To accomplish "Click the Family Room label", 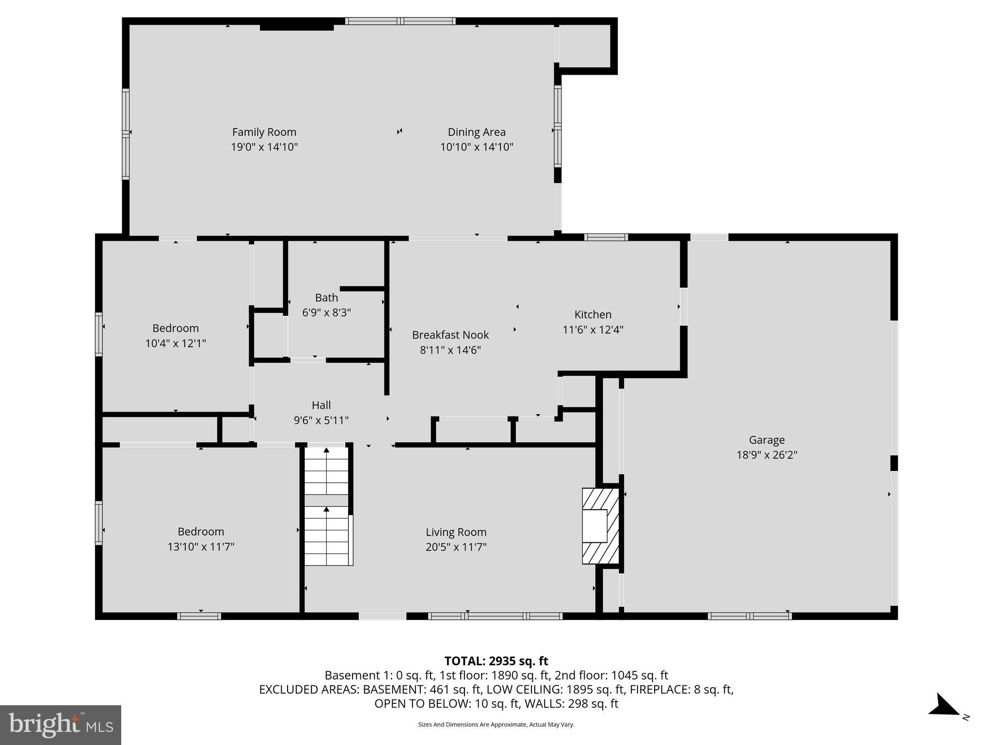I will (264, 132).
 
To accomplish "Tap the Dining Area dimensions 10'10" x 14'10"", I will (476, 147).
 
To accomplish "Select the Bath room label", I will (326, 297).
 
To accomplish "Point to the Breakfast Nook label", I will (450, 335).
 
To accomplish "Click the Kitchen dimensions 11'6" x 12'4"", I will (593, 330).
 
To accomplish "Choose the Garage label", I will (767, 440).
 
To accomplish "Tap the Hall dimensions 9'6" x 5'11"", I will (321, 420).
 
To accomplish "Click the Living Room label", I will (456, 532).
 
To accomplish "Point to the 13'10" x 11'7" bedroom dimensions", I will (201, 547).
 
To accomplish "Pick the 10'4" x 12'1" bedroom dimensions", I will (176, 343).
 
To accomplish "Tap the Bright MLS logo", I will (60, 725).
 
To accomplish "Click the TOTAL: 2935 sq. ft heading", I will (496, 661).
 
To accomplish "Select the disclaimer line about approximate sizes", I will (496, 725).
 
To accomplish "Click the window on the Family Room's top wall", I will (400, 21).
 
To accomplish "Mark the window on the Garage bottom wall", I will (749, 616).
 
